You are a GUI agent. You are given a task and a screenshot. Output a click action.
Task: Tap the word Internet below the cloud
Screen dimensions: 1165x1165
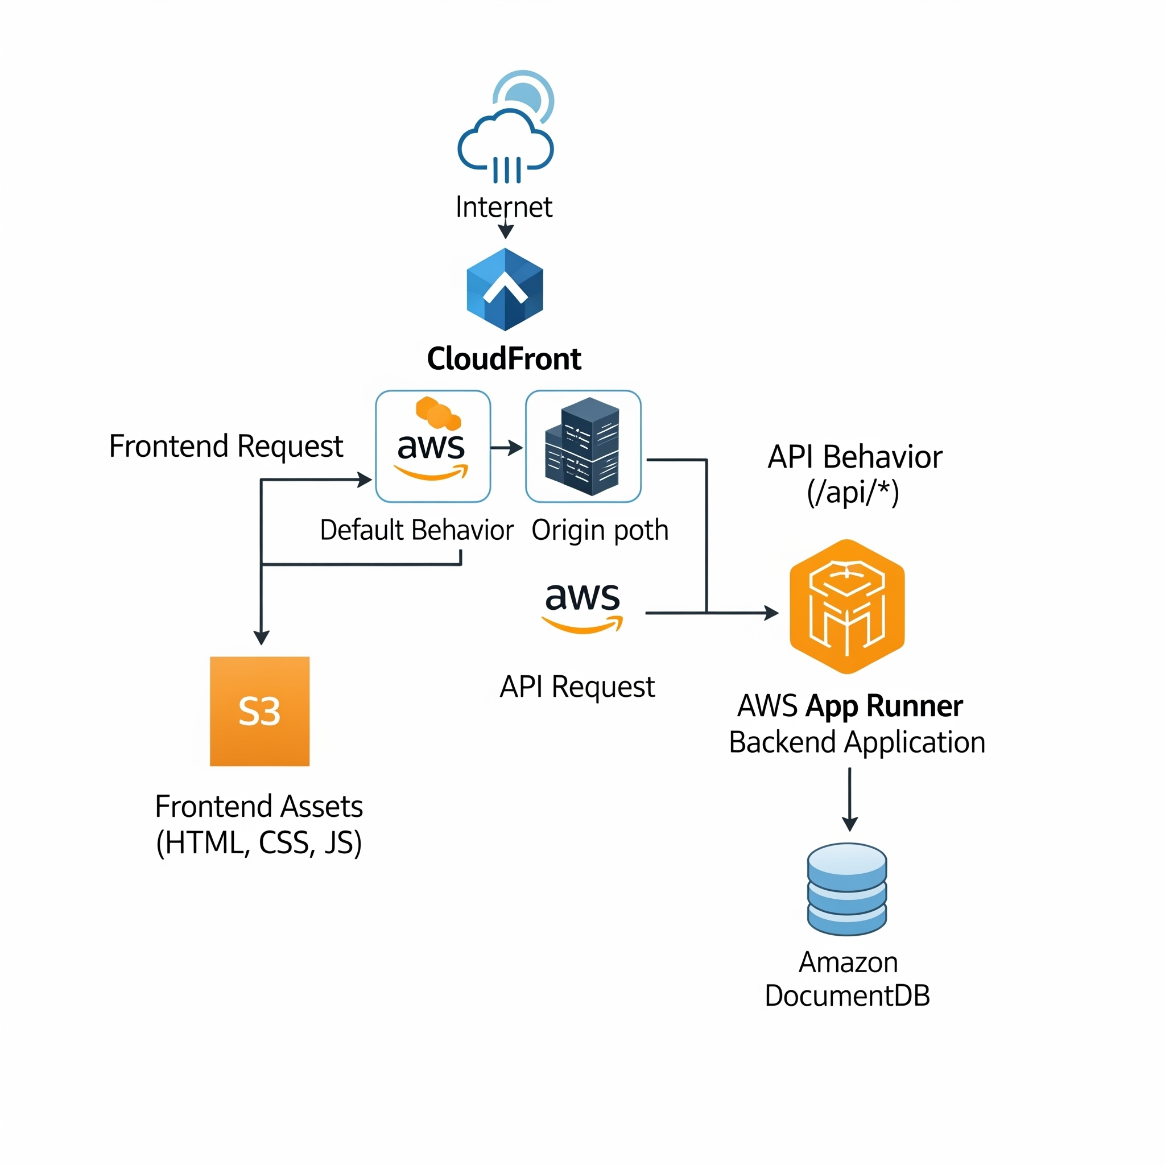click(503, 208)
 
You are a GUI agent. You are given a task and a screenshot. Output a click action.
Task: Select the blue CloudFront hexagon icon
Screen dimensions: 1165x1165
click(505, 290)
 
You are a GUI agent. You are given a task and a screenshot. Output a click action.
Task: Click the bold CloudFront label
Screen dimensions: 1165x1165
click(503, 359)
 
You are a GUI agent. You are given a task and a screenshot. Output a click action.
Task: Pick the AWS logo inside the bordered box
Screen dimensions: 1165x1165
click(432, 447)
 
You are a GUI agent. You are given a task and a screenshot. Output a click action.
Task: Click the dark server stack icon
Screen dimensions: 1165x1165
click(582, 447)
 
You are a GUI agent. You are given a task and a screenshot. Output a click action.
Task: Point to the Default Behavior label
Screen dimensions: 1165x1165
click(416, 531)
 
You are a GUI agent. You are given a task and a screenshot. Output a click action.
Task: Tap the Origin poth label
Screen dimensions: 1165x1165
click(600, 531)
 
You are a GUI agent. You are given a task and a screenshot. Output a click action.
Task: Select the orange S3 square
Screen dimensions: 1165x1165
click(259, 711)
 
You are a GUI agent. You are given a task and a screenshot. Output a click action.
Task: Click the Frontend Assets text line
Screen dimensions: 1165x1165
click(259, 807)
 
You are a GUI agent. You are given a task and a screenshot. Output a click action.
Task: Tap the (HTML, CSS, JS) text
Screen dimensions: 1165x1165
click(259, 843)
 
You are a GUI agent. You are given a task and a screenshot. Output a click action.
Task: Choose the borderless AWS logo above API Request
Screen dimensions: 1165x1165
click(582, 606)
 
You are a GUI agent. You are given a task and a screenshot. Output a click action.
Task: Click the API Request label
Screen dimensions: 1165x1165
click(577, 687)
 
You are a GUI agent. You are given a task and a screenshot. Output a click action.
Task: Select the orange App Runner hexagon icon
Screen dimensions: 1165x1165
click(846, 606)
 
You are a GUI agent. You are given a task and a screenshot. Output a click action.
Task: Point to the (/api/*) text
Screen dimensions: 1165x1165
click(853, 493)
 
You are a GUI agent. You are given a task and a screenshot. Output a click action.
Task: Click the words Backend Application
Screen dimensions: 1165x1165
click(856, 742)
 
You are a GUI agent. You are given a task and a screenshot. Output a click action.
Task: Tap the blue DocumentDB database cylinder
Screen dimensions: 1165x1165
click(846, 889)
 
